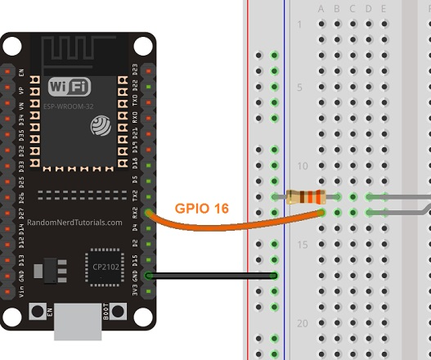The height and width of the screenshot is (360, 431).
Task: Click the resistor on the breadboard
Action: point(307,196)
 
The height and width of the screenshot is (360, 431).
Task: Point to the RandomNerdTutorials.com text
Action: point(74,222)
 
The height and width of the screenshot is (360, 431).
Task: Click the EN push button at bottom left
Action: point(37,312)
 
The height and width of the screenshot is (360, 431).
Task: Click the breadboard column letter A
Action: point(321,9)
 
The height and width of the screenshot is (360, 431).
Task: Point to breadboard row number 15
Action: point(301,245)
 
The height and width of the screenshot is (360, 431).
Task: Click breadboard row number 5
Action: point(301,88)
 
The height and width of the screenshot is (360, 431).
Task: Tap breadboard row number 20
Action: point(301,323)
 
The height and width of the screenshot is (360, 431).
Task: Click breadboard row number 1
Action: point(301,25)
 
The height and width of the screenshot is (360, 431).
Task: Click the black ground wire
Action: point(213,276)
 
